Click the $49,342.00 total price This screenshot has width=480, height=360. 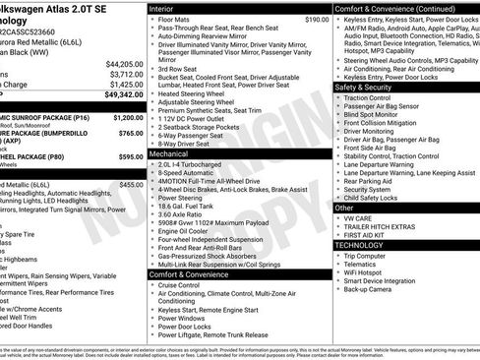[x=119, y=94]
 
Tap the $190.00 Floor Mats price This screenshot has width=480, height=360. [x=316, y=19]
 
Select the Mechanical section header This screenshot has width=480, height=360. [x=176, y=153]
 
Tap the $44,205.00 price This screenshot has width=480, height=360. [x=119, y=63]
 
